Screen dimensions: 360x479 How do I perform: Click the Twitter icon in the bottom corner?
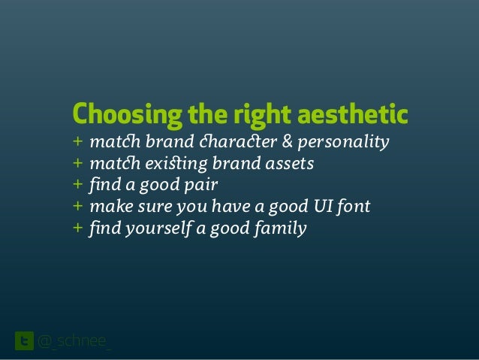tap(24, 342)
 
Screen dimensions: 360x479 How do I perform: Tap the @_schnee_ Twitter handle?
tap(74, 343)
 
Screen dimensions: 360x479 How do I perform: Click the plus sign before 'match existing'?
tap(77, 163)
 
